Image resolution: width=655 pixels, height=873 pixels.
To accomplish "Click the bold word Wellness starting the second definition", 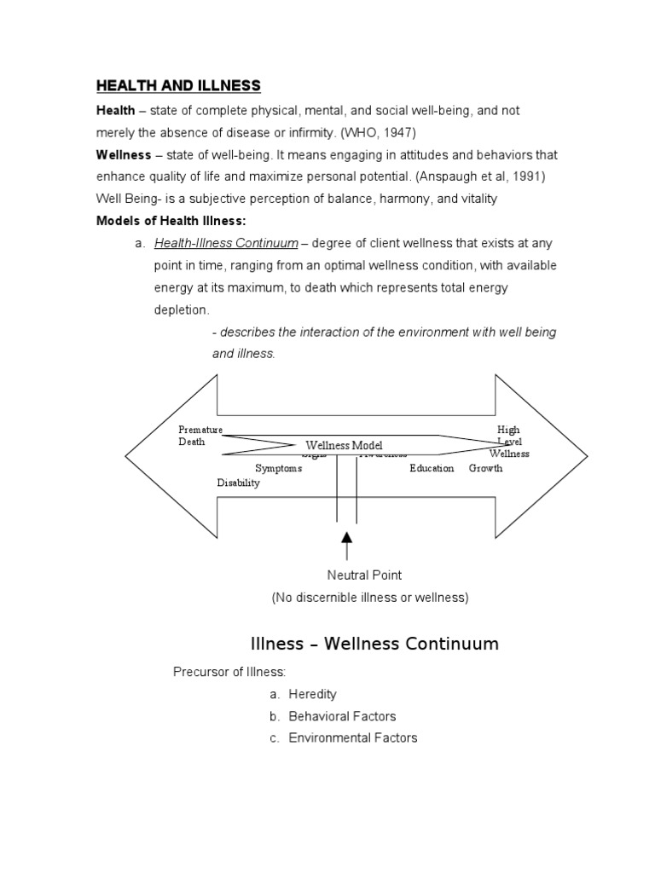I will [x=123, y=155].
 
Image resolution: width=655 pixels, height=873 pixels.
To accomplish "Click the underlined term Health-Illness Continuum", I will [x=226, y=244].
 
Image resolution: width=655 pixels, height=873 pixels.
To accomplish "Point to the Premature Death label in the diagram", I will [x=200, y=436].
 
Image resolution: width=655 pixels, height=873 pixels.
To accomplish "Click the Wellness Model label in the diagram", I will [x=345, y=446].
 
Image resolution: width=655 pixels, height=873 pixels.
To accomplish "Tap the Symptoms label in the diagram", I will [x=278, y=468].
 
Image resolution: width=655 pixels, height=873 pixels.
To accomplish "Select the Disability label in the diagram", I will [x=238, y=483].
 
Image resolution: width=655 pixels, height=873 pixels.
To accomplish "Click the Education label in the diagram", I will [x=432, y=468].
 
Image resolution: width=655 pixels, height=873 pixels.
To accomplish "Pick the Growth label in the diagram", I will [x=485, y=468].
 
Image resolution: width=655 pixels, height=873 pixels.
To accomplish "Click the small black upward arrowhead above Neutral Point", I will [x=346, y=538].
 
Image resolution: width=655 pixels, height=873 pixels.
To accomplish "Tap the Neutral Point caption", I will [x=364, y=575].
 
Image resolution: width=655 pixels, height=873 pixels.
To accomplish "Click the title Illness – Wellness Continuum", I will [x=374, y=644].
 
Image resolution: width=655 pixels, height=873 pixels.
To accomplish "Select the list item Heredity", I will [x=312, y=694].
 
